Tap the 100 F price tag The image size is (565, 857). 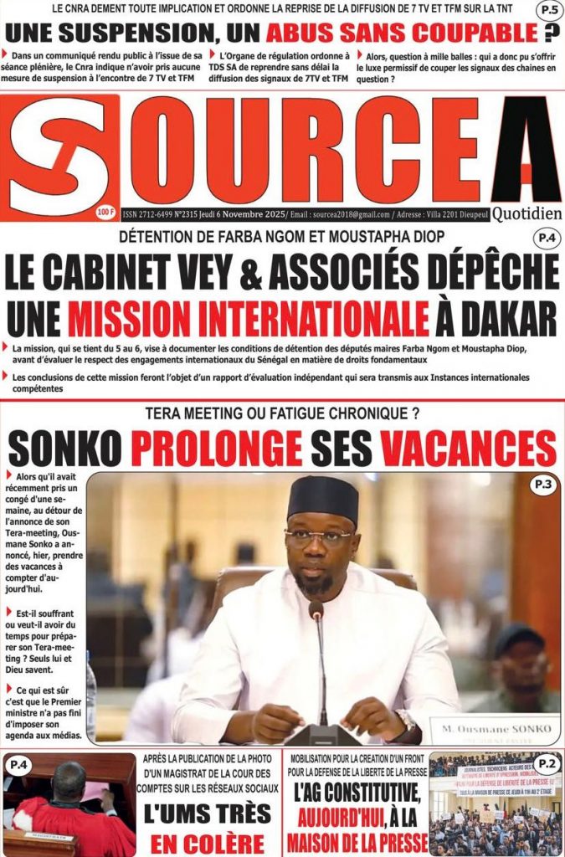pyautogui.click(x=105, y=211)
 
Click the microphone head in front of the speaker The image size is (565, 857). pyautogui.click(x=316, y=611)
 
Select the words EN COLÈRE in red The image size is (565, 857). pyautogui.click(x=206, y=842)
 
